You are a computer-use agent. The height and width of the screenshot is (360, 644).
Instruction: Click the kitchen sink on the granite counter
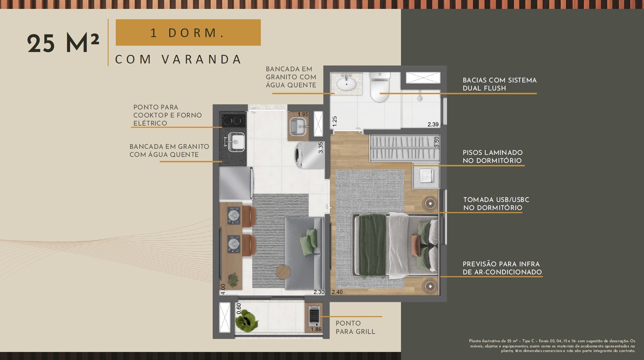(x=236, y=142)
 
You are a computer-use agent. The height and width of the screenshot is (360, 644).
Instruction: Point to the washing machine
(x=309, y=155)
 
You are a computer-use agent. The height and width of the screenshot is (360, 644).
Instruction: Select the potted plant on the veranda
(x=247, y=320)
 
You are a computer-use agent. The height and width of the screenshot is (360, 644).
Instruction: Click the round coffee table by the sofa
(x=284, y=271)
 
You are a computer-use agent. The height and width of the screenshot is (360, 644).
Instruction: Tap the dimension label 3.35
(x=321, y=148)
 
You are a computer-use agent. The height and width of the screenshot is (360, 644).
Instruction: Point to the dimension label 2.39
(x=433, y=124)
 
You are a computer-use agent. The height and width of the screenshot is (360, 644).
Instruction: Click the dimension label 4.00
(x=223, y=289)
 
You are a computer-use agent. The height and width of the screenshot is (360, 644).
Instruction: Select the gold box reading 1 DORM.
(x=188, y=33)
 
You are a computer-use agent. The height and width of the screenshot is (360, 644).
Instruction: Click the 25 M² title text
(x=63, y=44)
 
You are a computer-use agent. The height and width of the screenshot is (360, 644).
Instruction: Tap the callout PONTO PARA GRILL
(x=356, y=327)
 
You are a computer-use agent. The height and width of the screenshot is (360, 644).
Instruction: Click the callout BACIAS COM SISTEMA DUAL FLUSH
(x=499, y=84)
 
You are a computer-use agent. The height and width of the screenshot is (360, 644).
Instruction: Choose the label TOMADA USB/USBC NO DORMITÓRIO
(x=496, y=204)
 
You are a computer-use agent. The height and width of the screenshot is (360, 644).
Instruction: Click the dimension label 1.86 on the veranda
(x=316, y=329)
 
